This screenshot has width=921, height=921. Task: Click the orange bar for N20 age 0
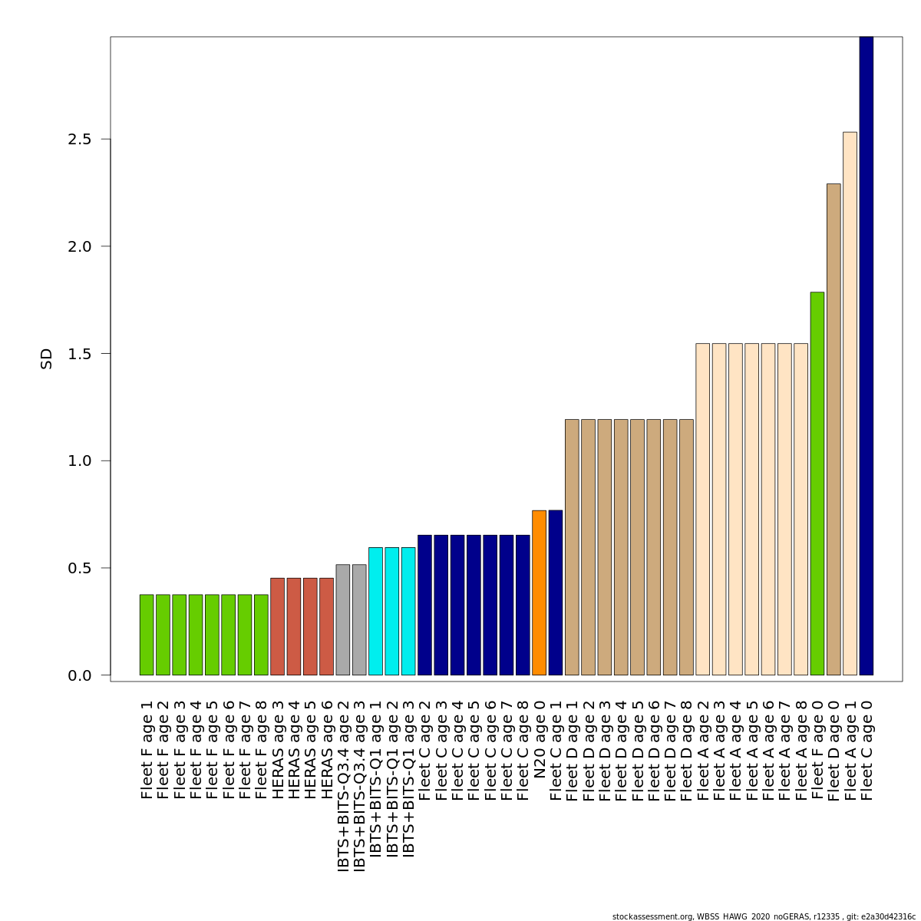point(539,593)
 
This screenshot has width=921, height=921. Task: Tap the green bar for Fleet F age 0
point(817,484)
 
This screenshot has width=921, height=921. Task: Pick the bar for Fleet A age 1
point(850,404)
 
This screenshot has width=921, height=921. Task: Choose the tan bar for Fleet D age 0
point(834,430)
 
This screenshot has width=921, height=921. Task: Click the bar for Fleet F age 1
point(147,635)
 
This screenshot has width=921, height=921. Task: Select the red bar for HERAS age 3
point(277,626)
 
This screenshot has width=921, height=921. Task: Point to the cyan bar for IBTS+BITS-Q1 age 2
point(391,611)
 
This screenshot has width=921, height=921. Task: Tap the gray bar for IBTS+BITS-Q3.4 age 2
point(342,620)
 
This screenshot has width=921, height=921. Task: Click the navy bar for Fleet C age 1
point(555,593)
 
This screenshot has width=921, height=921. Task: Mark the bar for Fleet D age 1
point(572,547)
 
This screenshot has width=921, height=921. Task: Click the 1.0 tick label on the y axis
point(80,461)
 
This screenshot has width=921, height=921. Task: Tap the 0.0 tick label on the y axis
point(80,675)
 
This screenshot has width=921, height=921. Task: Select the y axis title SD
point(47,358)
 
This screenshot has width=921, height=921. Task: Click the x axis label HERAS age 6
point(327,749)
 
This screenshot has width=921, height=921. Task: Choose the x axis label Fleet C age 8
point(523,749)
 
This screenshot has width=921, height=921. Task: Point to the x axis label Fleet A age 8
point(801,749)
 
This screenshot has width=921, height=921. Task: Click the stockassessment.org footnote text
point(764,916)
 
